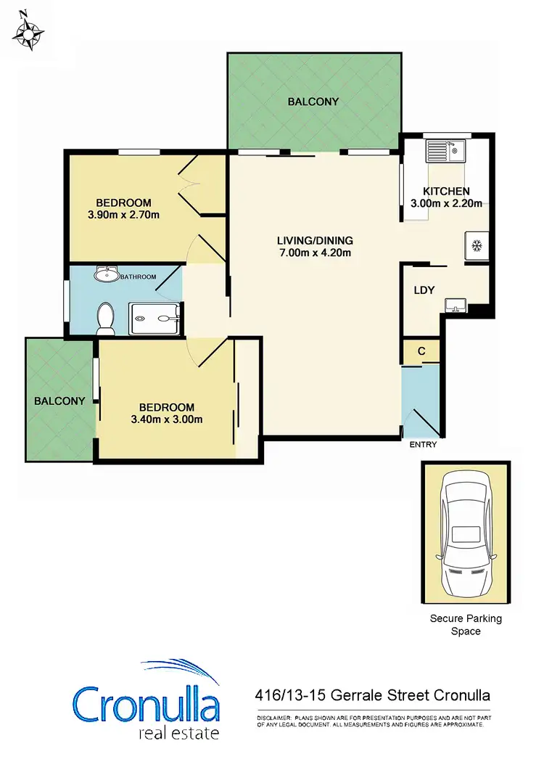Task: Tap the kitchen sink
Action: [x=444, y=151]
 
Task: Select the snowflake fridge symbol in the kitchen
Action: [x=477, y=246]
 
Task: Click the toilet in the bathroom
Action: [x=106, y=318]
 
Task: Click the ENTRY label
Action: [x=423, y=445]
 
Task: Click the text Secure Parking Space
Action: [x=466, y=625]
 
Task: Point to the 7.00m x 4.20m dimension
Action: [x=314, y=253]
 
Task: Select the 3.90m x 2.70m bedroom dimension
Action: [x=123, y=214]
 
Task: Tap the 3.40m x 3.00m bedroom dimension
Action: [x=167, y=419]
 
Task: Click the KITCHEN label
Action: [x=446, y=192]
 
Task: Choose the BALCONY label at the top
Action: [x=313, y=102]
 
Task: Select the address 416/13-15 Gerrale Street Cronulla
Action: [x=373, y=695]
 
